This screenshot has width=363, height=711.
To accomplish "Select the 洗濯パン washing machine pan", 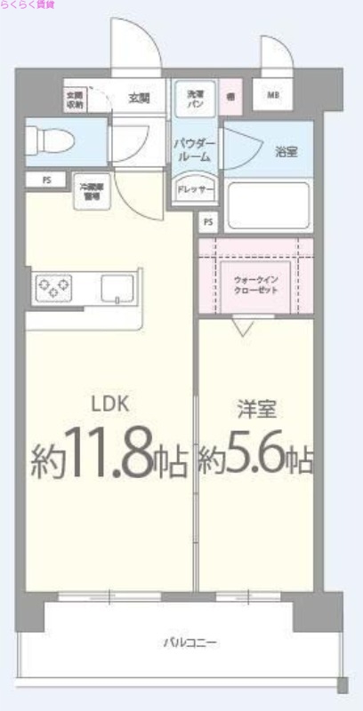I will coord(194,98).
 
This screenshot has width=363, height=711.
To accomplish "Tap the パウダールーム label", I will coord(191,149).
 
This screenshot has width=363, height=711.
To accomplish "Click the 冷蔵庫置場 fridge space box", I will coord(91,189).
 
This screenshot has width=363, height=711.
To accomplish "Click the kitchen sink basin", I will coord(117,288).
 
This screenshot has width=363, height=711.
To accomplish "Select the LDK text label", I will coord(111,404).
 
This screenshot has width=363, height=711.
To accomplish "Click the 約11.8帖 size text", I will coord(109,459).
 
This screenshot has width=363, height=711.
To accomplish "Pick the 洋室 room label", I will coord(256,410).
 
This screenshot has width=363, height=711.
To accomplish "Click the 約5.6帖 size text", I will coord(255,459).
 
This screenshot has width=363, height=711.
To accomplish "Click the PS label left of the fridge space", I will coord(46,180).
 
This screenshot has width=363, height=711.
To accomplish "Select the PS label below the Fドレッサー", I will coord(208,220).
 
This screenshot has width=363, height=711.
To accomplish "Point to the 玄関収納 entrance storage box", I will coord(74,98).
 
